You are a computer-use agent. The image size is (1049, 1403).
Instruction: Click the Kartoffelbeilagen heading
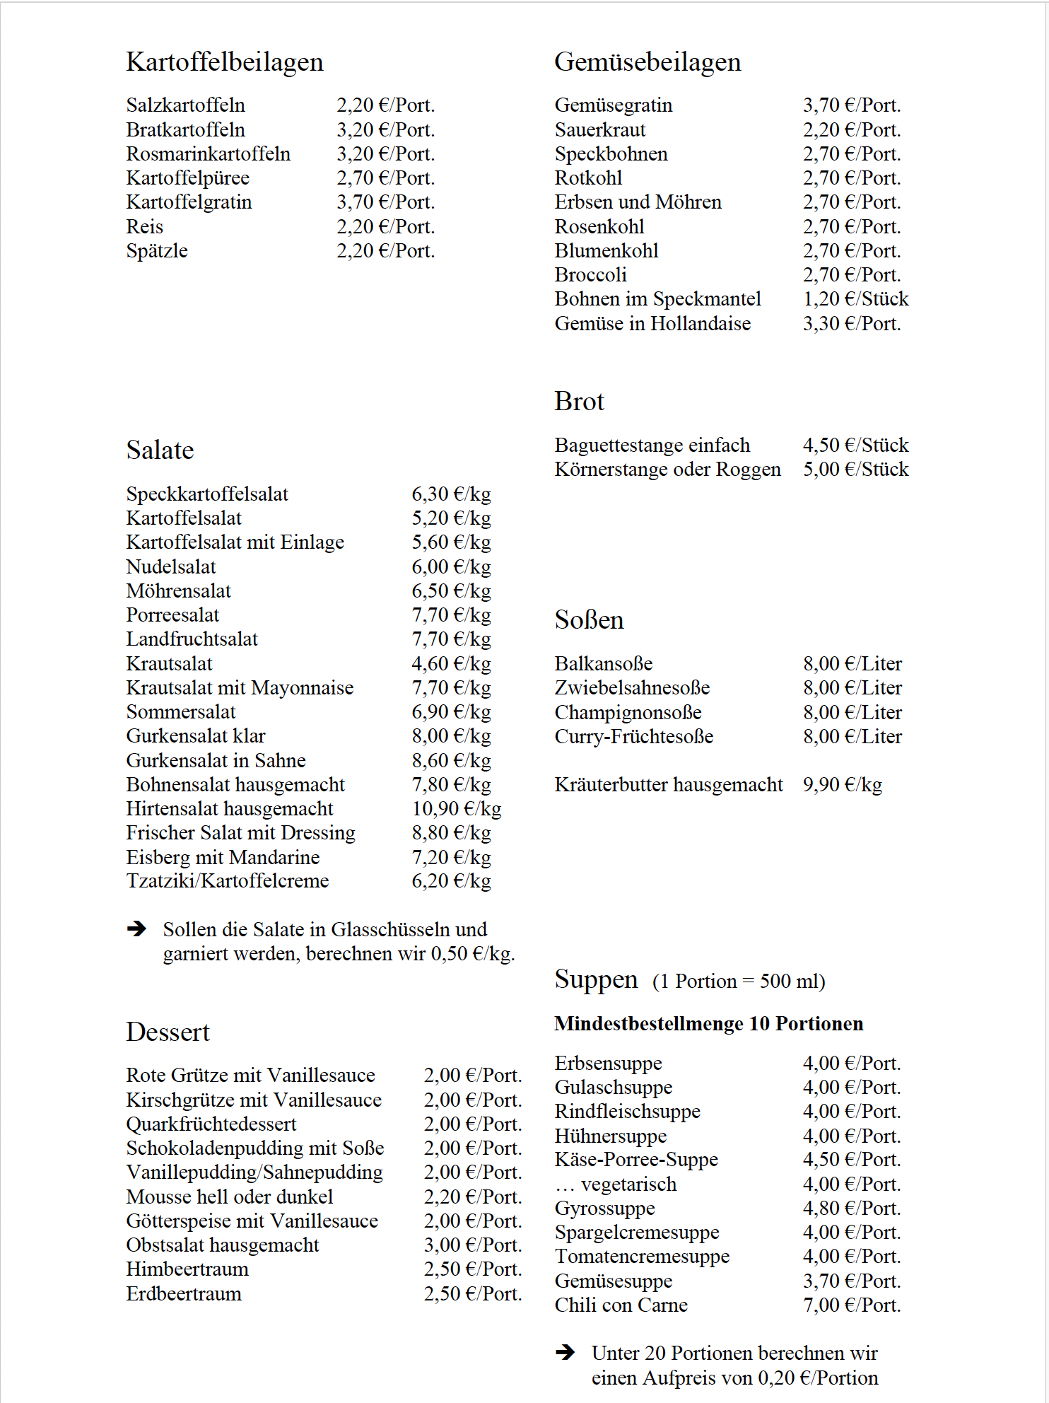pos(224,62)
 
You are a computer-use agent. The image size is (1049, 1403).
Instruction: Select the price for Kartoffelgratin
pos(385,202)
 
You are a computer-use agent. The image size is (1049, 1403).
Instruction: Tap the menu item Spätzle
pos(157,251)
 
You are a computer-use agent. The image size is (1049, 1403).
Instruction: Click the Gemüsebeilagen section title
pos(647,62)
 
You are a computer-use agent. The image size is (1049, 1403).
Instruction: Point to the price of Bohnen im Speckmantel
pos(855,299)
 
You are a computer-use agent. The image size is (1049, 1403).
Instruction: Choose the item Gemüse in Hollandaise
pos(652,324)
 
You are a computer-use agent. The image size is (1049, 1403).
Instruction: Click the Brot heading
pos(579,402)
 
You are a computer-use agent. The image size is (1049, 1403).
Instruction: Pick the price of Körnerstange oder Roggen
pos(855,470)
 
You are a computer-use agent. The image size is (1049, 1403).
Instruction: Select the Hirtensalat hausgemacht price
pos(457,809)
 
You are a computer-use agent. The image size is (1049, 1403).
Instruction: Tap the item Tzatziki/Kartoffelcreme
pos(228,881)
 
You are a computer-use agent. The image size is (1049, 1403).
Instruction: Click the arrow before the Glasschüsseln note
pos(136,928)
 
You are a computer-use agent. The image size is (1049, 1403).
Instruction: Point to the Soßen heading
pos(589,620)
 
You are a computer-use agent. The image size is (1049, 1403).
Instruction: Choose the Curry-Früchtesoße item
pos(634,737)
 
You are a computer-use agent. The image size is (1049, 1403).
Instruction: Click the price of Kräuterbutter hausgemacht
pos(842,785)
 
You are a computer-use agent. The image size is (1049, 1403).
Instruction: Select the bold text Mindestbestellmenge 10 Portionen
pos(708,1024)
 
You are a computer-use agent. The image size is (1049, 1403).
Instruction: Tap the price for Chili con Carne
pos(852,1305)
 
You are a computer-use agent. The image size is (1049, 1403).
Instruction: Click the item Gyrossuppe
pos(604,1209)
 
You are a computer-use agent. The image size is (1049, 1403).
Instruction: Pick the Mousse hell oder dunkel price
pos(473,1197)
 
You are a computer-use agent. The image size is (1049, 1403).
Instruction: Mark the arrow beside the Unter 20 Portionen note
pos(565,1353)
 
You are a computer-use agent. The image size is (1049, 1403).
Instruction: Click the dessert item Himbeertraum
pos(187,1269)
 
